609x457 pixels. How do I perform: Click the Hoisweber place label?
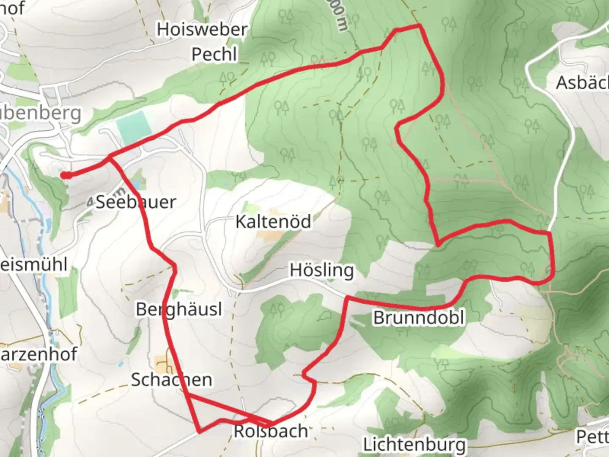point(202,30)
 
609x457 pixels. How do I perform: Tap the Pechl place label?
point(214,55)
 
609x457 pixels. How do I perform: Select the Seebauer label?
point(135,202)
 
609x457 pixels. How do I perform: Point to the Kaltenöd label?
point(273,221)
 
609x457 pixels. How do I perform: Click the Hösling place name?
point(321,270)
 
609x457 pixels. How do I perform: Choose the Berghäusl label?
point(178,310)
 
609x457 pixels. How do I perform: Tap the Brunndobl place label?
point(418,318)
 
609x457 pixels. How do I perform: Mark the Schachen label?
point(171,380)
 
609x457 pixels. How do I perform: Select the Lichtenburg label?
point(414,445)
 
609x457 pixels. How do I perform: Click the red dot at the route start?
point(65,175)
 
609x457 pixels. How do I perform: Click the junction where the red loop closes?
point(110,157)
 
